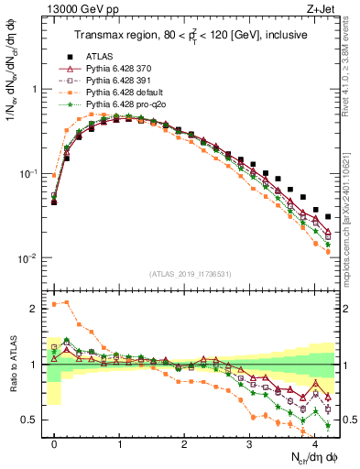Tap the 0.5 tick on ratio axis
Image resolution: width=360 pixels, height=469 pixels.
pos(35,420)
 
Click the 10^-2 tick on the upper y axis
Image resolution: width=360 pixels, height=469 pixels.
pos(29,258)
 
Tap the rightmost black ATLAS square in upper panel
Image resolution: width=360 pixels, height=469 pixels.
pos(328,217)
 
